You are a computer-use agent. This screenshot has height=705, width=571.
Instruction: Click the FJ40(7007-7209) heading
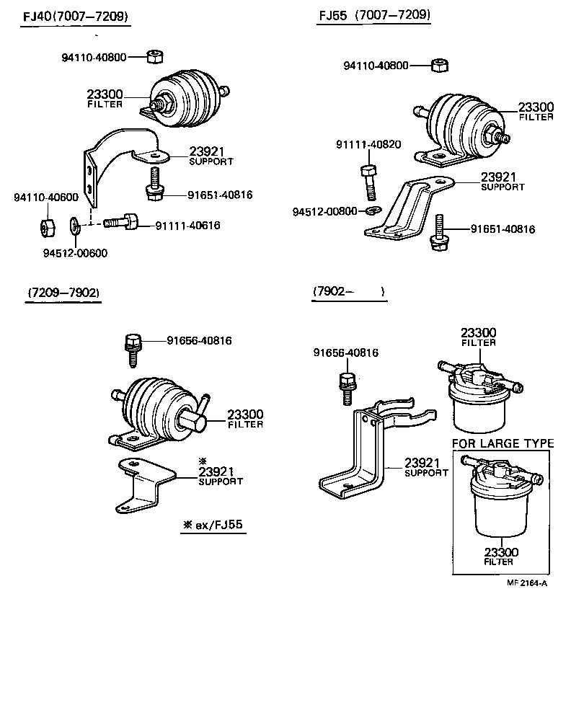(x=75, y=16)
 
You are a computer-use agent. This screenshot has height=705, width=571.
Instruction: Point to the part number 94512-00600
(x=74, y=252)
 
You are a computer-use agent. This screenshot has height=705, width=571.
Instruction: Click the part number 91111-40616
(x=187, y=226)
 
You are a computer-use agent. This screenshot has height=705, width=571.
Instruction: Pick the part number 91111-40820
(x=368, y=144)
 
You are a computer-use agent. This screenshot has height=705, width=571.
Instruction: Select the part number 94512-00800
(x=324, y=211)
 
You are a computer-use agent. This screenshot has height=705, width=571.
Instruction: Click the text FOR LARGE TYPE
(x=503, y=443)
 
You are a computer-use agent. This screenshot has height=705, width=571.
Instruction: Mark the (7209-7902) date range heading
(x=63, y=292)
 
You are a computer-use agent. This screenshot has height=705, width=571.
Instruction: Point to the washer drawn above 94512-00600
(x=74, y=228)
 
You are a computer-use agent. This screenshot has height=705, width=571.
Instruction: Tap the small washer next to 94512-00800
(x=372, y=211)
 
